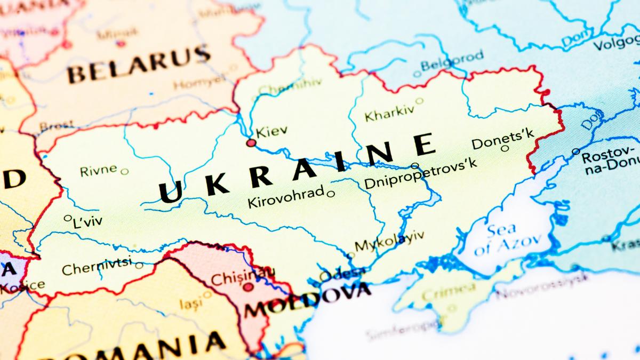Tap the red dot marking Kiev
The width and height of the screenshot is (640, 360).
251,143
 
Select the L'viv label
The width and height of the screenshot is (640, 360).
87,221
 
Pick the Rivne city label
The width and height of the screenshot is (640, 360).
98,170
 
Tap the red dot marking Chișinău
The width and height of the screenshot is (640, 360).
248,287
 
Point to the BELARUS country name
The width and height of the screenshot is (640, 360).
139,65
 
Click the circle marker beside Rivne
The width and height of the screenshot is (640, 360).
124,172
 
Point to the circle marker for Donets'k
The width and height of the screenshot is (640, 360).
505,148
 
